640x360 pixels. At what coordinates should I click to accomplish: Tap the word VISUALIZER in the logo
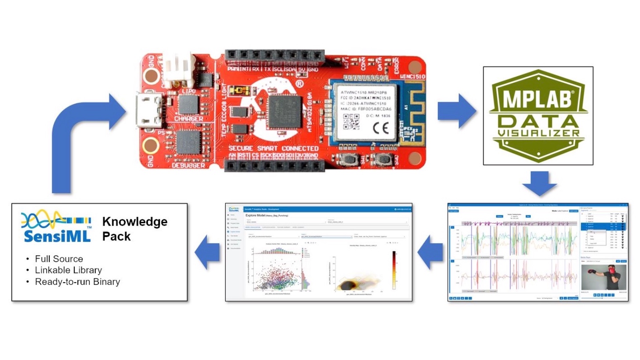538,133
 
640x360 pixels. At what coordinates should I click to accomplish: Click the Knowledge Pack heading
134,229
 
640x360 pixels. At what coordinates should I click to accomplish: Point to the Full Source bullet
59,259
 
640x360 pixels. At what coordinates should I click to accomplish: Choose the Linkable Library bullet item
68,270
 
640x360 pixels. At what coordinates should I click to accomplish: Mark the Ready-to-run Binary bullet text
77,282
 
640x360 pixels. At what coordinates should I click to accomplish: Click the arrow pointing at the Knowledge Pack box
208,252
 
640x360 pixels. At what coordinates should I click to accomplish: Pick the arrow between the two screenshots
430,252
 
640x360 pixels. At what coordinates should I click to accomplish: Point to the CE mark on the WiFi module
381,128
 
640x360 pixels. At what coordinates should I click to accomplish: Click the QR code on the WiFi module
351,122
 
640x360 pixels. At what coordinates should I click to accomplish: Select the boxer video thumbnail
603,277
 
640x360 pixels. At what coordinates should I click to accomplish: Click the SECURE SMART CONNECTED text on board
273,148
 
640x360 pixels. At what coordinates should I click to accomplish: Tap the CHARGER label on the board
189,119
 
